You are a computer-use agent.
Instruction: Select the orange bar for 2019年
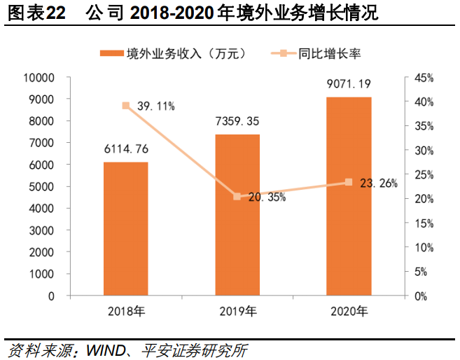237,214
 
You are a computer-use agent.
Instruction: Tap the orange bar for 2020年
349,196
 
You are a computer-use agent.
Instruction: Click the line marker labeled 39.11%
126,106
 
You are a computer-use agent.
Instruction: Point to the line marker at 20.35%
237,197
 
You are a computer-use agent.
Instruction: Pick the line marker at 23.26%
349,182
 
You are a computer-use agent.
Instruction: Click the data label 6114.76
126,149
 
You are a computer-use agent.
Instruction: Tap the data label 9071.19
349,84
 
